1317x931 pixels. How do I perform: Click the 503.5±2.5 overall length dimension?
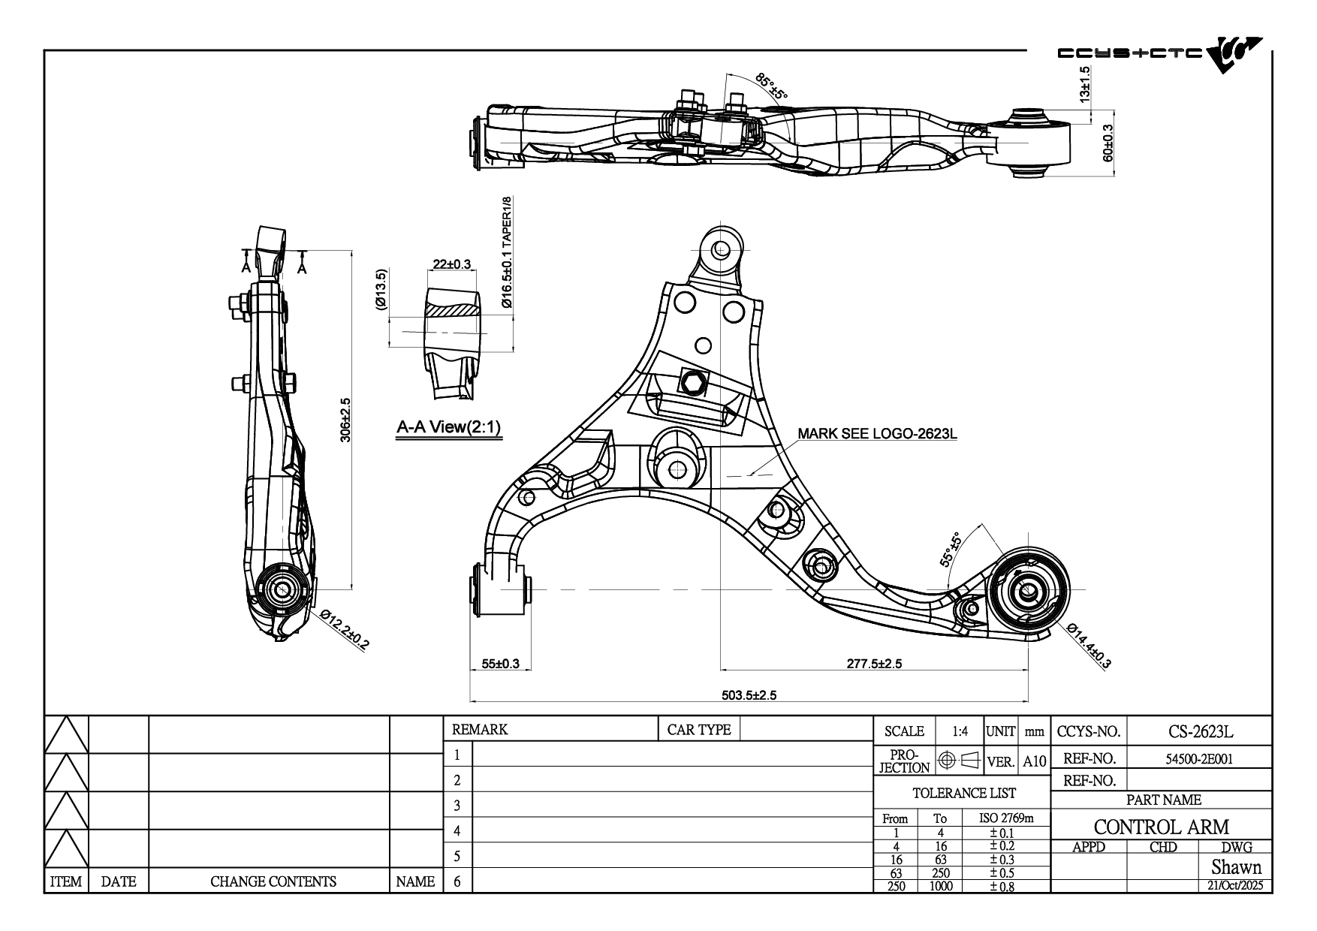point(749,694)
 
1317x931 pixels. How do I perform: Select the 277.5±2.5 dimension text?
point(874,663)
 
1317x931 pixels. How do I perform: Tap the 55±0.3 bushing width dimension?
point(500,663)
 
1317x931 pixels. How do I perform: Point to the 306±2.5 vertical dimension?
point(345,420)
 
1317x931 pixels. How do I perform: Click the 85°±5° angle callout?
point(771,86)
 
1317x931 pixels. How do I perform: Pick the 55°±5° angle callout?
point(951,549)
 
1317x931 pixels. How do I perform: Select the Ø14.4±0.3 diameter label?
point(1088,645)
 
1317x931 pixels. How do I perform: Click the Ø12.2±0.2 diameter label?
point(345,628)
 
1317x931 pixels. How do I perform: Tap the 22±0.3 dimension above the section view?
point(452,264)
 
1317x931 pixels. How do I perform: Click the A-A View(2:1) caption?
point(448,428)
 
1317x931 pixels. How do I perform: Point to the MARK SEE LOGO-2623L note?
point(877,434)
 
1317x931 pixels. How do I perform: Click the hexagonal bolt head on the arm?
point(692,384)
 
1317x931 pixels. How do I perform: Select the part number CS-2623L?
point(1201,731)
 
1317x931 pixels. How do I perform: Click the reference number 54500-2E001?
point(1199,759)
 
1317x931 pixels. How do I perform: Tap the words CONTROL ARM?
point(1161,827)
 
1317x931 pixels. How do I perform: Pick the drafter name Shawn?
point(1236,867)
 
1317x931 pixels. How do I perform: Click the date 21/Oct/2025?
point(1235,885)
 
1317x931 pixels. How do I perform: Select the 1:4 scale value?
point(960,731)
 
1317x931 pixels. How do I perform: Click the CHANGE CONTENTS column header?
point(273,881)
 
